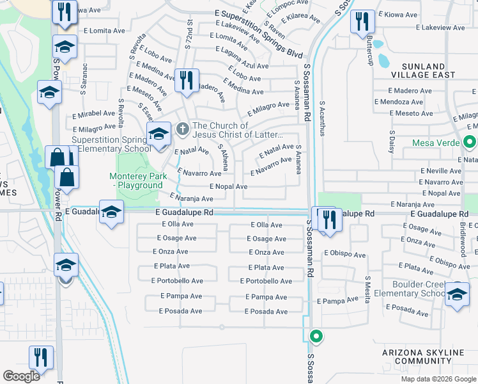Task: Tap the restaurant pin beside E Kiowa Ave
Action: (362, 21)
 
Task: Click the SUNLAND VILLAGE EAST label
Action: (432, 70)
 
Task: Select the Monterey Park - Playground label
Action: (135, 180)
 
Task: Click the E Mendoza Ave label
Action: (399, 102)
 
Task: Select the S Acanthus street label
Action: (323, 118)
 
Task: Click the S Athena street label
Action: (224, 157)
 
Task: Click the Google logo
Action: (22, 376)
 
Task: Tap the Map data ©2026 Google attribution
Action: (438, 379)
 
